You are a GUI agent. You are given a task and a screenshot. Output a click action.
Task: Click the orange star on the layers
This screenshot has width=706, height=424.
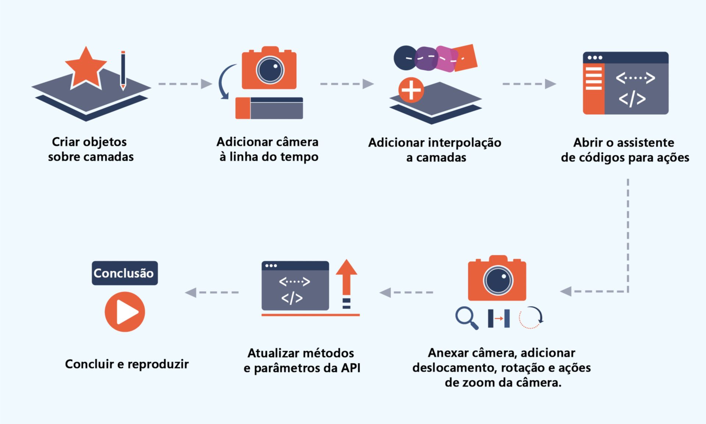click(86, 68)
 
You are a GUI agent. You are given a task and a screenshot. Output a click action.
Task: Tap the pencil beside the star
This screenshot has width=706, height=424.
click(123, 70)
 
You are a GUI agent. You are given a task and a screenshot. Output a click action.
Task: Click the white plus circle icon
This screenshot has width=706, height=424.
click(411, 90)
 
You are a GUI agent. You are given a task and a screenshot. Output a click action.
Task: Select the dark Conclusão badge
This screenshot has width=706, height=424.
click(125, 273)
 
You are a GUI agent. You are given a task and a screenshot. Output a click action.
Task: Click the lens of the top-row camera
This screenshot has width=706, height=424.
click(270, 70)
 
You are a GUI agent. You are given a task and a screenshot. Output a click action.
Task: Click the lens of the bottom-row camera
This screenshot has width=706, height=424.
click(498, 280)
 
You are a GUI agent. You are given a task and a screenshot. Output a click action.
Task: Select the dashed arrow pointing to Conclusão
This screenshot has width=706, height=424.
click(212, 293)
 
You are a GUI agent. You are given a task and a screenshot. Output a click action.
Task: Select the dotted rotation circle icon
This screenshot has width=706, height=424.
click(530, 317)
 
